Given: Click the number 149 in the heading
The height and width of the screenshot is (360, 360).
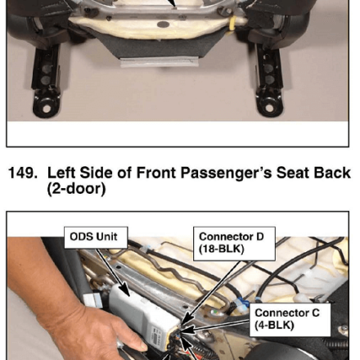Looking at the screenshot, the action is point(23,173).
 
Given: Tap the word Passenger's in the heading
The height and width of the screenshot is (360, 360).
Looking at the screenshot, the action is point(226,173).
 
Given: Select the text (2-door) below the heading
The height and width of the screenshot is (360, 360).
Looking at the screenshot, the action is point(76,189).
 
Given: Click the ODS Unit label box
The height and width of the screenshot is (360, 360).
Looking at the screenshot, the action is point(96,237).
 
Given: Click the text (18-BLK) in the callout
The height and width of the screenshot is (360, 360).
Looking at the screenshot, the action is point(222,250).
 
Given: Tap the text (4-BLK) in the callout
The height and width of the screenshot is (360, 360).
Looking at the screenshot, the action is point(274,326).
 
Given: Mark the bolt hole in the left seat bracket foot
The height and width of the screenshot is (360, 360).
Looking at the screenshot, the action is point(47,109).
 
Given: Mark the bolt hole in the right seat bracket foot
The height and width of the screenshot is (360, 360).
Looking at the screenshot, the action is point(269,108).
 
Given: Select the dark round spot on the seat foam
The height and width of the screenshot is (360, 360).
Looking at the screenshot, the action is point(164,25).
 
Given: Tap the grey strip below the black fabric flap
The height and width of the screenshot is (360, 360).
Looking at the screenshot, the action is point(159,62).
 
